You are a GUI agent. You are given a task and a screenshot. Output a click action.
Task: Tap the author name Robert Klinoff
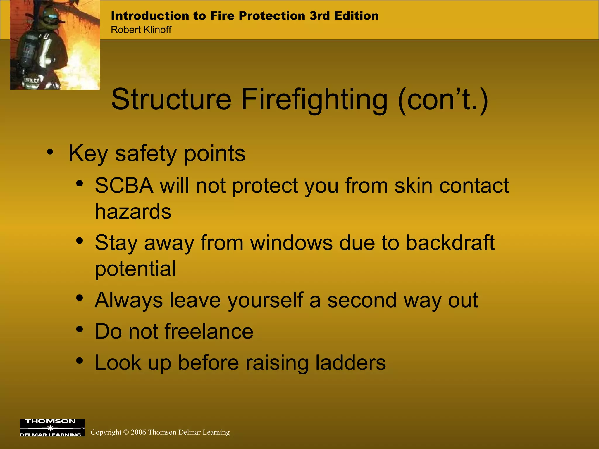[141, 30]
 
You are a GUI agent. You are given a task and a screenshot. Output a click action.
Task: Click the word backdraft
[450, 243]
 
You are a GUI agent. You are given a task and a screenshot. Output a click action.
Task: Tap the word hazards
[133, 211]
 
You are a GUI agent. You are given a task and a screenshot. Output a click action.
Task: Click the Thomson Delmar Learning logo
[52, 428]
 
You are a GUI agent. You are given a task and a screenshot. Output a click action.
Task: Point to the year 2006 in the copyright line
[138, 432]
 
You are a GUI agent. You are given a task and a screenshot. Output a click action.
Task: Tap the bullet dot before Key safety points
[50, 152]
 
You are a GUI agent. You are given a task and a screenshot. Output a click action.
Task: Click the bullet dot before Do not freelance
[79, 329]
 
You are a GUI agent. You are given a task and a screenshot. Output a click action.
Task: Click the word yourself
[266, 300]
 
